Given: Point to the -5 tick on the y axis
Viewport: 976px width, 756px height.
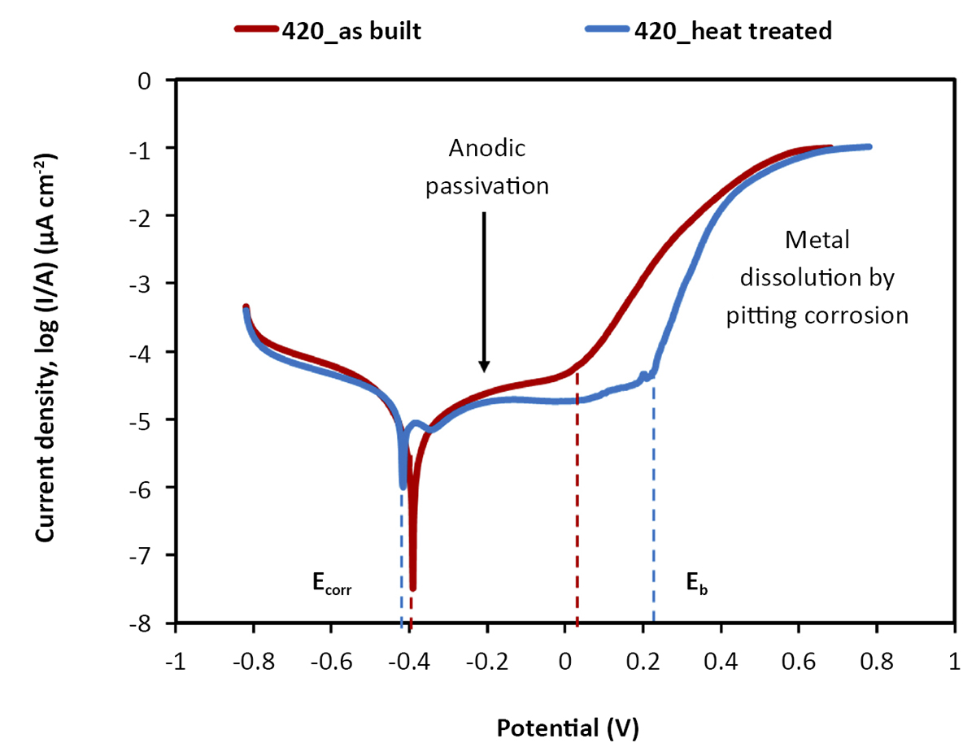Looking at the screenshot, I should (174, 419).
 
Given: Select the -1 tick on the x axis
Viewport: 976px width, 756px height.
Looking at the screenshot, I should (174, 623).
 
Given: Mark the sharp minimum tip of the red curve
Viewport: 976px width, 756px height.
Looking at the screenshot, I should (412, 588).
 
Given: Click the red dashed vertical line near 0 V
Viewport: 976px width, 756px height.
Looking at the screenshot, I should (577, 504).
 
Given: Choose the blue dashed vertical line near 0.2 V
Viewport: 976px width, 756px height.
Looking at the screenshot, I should (653, 504).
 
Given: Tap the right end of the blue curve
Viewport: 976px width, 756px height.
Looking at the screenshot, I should (869, 146).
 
